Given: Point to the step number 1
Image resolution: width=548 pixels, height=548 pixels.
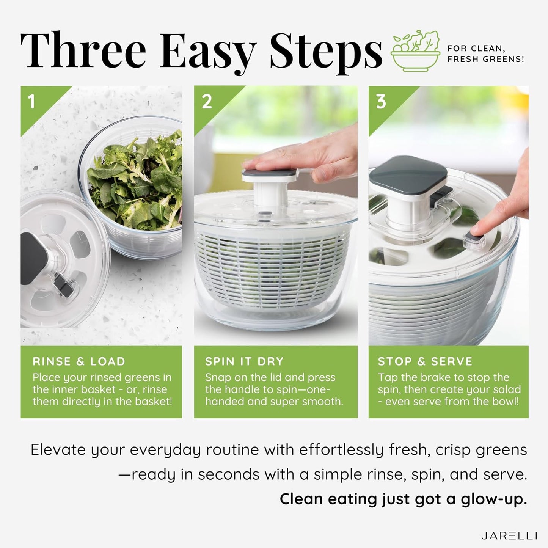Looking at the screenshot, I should [x=31, y=102].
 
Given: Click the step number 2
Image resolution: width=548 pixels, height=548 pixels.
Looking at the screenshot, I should [x=207, y=102].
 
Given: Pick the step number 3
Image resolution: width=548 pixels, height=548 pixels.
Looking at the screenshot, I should [x=381, y=102].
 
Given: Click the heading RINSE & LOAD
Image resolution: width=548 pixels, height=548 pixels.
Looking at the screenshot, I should [x=79, y=361].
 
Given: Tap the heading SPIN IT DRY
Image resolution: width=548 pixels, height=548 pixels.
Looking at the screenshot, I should [x=244, y=361].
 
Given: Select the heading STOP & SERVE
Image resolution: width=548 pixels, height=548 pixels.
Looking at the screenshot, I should [x=425, y=361].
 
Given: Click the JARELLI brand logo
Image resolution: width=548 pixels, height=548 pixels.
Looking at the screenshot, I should [x=509, y=536].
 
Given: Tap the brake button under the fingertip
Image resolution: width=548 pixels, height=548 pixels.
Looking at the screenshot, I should [x=474, y=239].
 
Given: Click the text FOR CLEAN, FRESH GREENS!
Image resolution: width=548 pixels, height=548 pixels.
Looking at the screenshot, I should [x=485, y=54].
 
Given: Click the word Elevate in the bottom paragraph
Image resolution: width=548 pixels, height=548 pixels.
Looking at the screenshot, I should [x=58, y=450].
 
